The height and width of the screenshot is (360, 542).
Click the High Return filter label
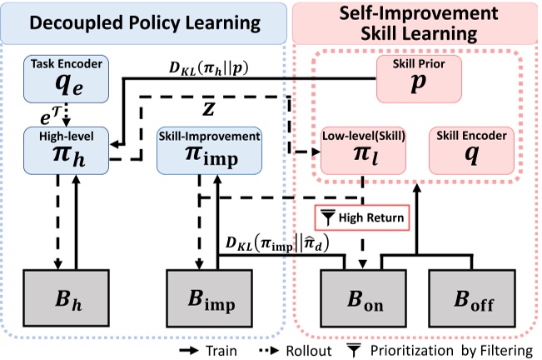coord(362,218)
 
